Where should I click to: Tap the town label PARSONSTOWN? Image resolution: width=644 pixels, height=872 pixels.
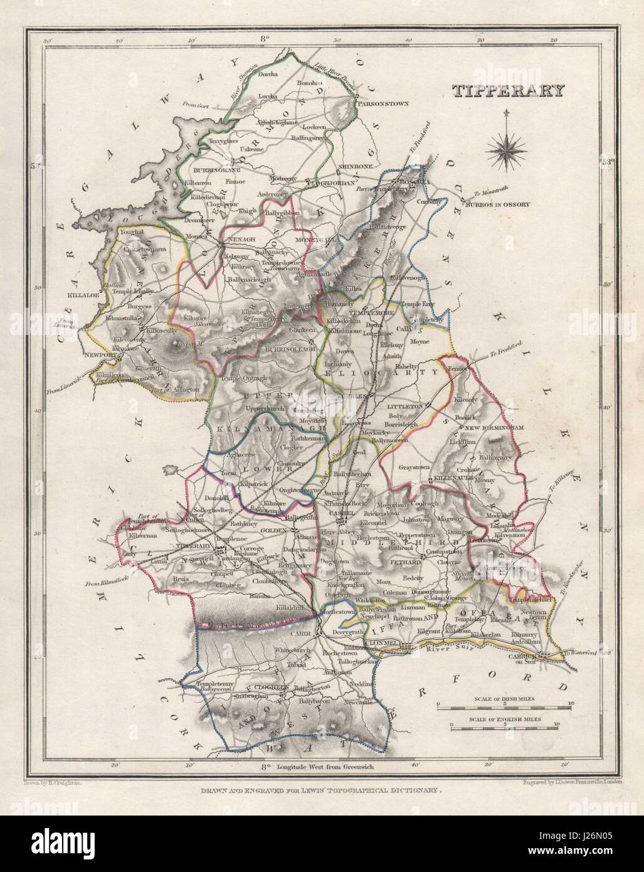pos(377,101)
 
